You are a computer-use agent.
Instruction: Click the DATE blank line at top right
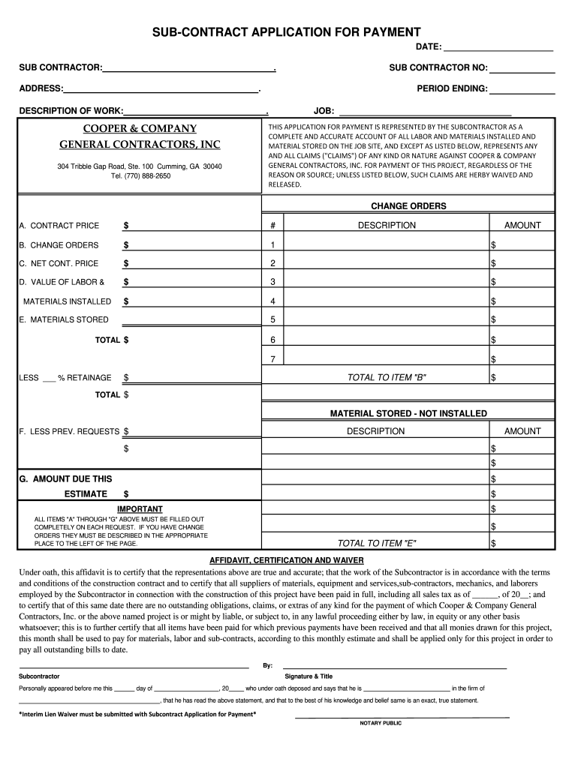click(x=499, y=47)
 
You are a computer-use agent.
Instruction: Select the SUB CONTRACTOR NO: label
click(x=438, y=68)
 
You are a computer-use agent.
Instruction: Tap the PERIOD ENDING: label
click(x=452, y=89)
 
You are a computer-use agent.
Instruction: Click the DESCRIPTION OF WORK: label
click(x=71, y=110)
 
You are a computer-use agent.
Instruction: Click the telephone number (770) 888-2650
click(x=140, y=175)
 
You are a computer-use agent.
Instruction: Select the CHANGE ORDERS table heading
click(x=408, y=205)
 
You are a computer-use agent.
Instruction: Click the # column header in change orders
click(x=272, y=225)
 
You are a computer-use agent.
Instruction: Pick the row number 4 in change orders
click(x=272, y=301)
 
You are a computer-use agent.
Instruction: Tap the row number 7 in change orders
click(x=272, y=359)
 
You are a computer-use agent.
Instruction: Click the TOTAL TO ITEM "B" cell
click(x=387, y=377)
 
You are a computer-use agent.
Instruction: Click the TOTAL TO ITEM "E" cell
click(x=377, y=543)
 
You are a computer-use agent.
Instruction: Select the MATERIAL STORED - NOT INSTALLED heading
click(x=408, y=413)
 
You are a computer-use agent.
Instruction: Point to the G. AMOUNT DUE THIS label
click(x=65, y=478)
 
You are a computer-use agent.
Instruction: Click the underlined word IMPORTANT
click(x=140, y=509)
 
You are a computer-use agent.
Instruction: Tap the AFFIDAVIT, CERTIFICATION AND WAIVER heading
click(x=286, y=560)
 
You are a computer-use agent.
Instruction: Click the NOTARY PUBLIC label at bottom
click(x=381, y=723)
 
